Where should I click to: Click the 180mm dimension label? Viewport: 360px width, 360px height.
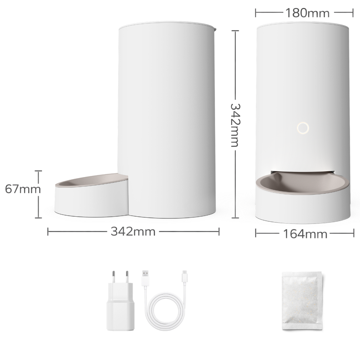(x=307, y=13)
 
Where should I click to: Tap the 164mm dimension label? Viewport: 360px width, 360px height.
(x=305, y=234)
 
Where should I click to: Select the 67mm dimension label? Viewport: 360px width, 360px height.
(x=23, y=189)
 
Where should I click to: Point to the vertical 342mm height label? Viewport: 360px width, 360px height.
(x=235, y=125)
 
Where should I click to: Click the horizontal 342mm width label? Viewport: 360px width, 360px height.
(x=133, y=231)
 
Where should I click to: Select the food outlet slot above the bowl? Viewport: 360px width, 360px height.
(x=303, y=172)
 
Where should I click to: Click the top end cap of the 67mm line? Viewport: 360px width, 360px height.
(x=38, y=171)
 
